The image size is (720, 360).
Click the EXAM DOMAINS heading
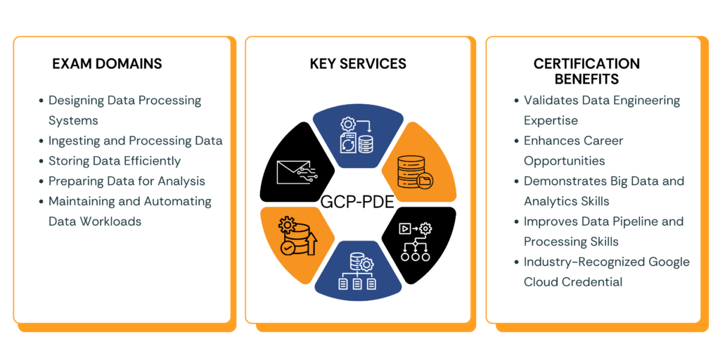click(x=107, y=64)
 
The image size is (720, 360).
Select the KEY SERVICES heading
click(x=358, y=64)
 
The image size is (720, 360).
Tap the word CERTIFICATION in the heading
click(x=586, y=64)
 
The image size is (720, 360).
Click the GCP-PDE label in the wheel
click(x=357, y=203)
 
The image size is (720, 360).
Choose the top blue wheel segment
click(x=357, y=137)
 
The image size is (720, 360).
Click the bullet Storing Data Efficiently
click(x=114, y=161)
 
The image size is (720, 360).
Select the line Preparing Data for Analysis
click(x=127, y=181)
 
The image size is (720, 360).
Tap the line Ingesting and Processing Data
click(x=135, y=141)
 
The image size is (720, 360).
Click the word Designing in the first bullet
click(x=76, y=101)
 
